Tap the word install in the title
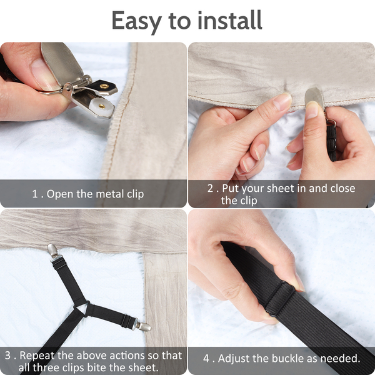tap(230, 20)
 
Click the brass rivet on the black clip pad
tap(104, 86)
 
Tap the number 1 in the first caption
tap(35, 194)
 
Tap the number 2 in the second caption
tap(210, 189)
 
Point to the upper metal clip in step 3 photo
tap(52, 251)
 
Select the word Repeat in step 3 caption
tap(37, 356)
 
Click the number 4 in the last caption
tap(206, 359)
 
